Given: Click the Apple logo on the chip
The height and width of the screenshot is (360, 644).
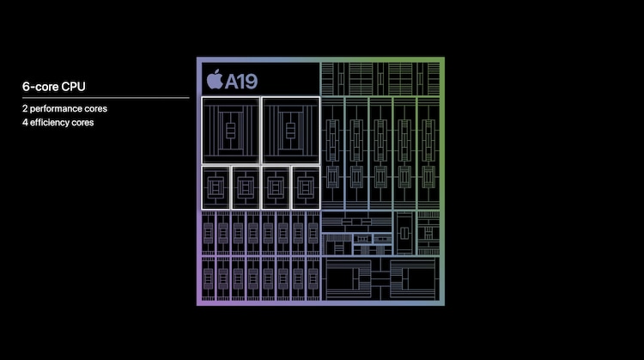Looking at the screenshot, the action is click(x=215, y=79).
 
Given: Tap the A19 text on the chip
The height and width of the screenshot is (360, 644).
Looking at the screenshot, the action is click(x=241, y=82).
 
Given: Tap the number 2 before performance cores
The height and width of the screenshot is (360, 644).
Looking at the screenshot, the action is click(x=25, y=108).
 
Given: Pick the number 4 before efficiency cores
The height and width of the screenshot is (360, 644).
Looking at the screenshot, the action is click(x=25, y=123).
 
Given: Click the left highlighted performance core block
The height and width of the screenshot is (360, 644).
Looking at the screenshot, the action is click(x=231, y=131).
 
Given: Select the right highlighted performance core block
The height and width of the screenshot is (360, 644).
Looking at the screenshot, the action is click(x=291, y=131).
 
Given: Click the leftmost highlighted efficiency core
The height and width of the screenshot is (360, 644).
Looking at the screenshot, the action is click(x=216, y=188).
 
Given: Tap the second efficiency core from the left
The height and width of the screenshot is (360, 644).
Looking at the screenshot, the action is click(x=246, y=188).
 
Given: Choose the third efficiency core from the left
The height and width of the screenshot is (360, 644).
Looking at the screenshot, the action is click(x=276, y=188).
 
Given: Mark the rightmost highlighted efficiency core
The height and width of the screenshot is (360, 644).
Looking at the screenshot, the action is click(x=306, y=188).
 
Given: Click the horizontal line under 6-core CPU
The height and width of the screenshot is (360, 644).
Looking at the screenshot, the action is click(x=106, y=98).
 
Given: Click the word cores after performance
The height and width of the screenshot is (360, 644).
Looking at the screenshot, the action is click(x=96, y=109).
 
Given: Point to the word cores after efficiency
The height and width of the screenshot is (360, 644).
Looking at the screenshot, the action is click(x=82, y=123).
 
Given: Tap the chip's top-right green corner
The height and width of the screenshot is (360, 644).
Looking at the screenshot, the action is click(x=443, y=58).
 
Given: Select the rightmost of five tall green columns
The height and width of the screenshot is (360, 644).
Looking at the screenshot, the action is click(x=428, y=153).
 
